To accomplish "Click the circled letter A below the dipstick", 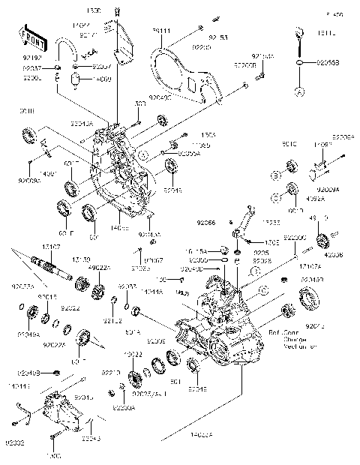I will click(x=300, y=91).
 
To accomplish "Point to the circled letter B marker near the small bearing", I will click(x=276, y=175).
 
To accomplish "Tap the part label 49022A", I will click(x=98, y=268).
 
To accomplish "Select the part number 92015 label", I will click(x=46, y=297).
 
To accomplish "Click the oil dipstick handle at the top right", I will click(x=299, y=31).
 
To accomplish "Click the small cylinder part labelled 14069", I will click(x=76, y=79).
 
